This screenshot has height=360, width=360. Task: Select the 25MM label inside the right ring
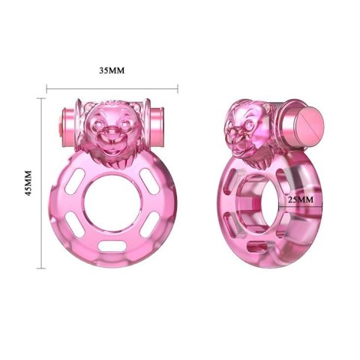pyautogui.click(x=300, y=199)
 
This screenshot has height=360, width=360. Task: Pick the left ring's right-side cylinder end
pyautogui.click(x=158, y=120)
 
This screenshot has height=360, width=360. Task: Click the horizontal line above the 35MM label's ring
pyautogui.click(x=112, y=88)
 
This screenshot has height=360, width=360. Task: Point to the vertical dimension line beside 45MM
pyautogui.click(x=41, y=181)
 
